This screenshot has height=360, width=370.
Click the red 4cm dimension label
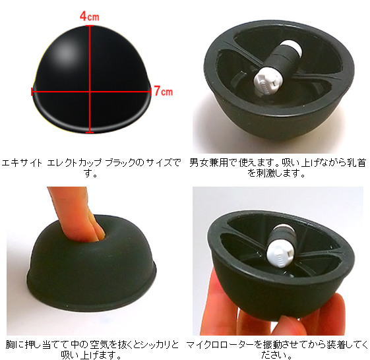(x=90, y=16)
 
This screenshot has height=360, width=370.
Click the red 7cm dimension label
(x=164, y=91)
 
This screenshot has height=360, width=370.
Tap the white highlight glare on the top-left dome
(x=65, y=51)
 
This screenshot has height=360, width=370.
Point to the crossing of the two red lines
(x=90, y=92)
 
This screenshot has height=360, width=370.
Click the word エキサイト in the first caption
(x=22, y=163)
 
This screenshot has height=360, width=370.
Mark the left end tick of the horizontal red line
(x=32, y=92)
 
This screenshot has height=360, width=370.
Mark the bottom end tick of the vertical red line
(x=90, y=132)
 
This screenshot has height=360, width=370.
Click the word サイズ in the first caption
(x=158, y=163)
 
